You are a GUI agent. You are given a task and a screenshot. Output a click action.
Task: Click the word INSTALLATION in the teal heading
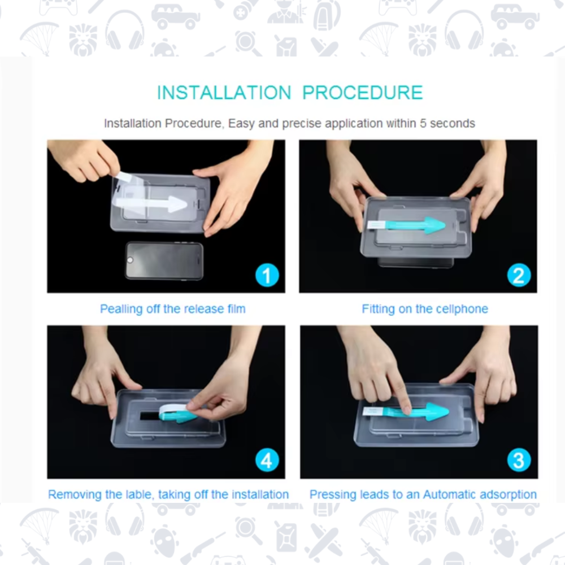point(224,93)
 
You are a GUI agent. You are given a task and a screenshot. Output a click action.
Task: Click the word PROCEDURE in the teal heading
point(363,93)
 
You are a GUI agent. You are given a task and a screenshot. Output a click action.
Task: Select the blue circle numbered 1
point(267,275)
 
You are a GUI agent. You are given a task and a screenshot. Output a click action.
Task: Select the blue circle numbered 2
point(519,275)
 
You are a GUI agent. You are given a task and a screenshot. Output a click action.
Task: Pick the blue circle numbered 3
point(519,460)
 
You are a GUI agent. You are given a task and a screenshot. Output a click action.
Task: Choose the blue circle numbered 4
point(267,460)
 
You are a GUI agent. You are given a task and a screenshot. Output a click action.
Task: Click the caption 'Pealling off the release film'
point(172,309)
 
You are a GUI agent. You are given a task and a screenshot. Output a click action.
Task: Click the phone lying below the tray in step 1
point(164,261)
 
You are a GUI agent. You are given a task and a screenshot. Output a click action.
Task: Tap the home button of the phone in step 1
point(131,260)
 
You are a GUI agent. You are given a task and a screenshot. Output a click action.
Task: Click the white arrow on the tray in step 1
point(150,204)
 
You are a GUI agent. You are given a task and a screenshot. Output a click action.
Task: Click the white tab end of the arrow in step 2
point(376,225)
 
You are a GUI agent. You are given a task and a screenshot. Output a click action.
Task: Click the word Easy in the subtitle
point(241,124)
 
